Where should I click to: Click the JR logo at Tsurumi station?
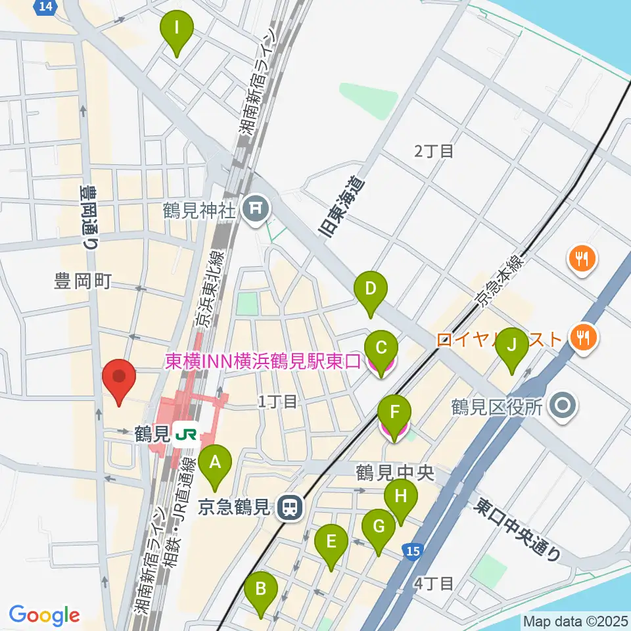click(x=187, y=434)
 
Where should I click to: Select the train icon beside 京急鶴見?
click(x=288, y=507)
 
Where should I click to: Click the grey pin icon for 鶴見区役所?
click(x=563, y=407)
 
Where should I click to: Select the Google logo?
click(x=44, y=615)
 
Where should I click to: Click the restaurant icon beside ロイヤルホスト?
click(x=582, y=339)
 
